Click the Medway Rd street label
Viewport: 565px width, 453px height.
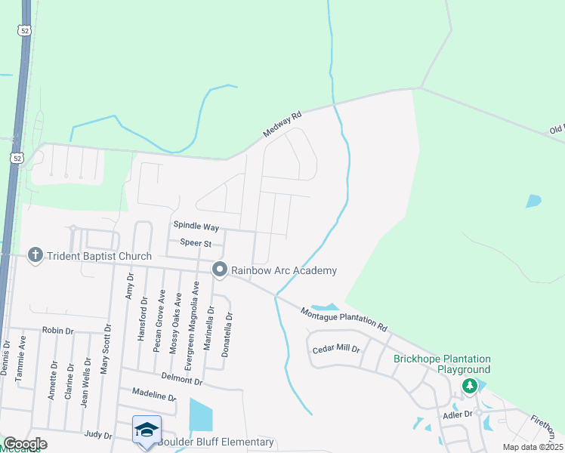[282, 124]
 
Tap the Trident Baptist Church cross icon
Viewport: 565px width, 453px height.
[35, 256]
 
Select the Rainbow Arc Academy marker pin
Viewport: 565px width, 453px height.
[220, 270]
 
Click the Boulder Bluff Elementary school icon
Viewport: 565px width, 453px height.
[146, 430]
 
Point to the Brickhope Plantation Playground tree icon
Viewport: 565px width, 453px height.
[470, 386]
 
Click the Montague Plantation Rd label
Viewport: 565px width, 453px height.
[344, 319]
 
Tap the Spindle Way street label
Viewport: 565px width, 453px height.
[196, 226]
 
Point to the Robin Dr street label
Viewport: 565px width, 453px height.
[58, 331]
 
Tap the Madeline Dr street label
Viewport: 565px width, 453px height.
[153, 395]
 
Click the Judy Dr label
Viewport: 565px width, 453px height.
[98, 435]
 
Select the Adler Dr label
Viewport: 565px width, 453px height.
[458, 414]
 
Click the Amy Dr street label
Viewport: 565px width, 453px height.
[129, 288]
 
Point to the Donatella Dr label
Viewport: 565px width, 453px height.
[227, 334]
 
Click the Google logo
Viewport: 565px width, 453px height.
[25, 443]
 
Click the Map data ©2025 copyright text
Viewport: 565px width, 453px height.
[532, 447]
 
